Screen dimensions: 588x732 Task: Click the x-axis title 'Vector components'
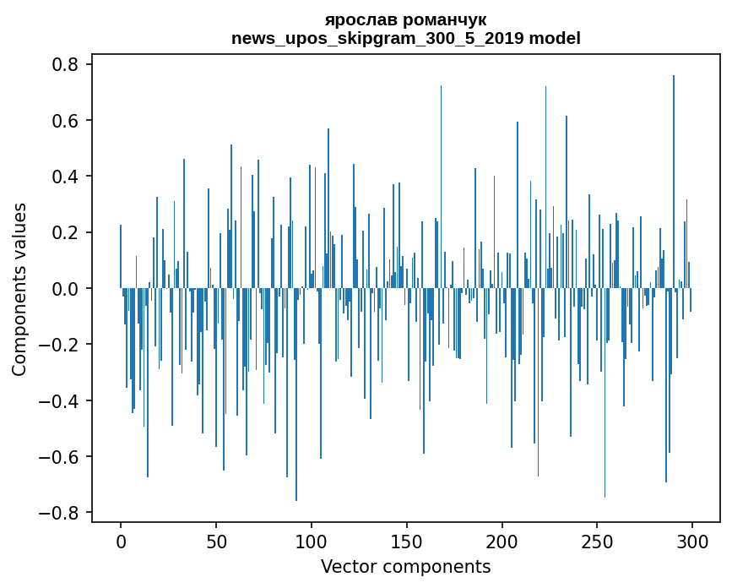coord(405,566)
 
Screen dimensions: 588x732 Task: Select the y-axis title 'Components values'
coord(19,289)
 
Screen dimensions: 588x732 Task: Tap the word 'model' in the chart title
coord(555,38)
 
